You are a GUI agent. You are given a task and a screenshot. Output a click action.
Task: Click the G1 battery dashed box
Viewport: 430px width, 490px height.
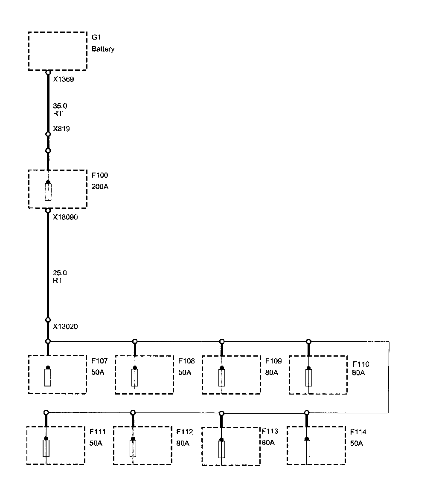pyautogui.click(x=57, y=50)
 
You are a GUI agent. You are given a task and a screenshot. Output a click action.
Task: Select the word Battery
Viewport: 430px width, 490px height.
pyautogui.click(x=103, y=49)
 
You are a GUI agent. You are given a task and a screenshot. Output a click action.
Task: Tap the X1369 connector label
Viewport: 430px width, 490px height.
pyautogui.click(x=64, y=79)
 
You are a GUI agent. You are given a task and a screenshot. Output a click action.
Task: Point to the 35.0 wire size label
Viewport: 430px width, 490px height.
pyautogui.click(x=60, y=106)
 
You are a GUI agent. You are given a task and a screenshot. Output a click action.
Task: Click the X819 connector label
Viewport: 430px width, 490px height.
pyautogui.click(x=61, y=129)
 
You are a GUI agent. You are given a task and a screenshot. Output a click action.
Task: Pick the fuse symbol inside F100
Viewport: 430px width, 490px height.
pyautogui.click(x=48, y=192)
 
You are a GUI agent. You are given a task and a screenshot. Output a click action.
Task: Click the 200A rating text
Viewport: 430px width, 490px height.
pyautogui.click(x=100, y=186)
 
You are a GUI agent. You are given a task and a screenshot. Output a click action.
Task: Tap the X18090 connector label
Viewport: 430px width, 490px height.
pyautogui.click(x=65, y=217)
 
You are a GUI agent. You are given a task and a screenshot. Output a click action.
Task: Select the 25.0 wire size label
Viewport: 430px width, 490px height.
pyautogui.click(x=60, y=273)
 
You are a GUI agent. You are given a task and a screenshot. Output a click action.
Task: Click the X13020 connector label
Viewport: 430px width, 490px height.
pyautogui.click(x=65, y=327)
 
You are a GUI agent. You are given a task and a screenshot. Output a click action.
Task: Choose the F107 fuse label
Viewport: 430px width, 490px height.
pyautogui.click(x=100, y=361)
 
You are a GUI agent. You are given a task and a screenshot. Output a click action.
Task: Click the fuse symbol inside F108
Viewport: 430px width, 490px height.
pyautogui.click(x=135, y=378)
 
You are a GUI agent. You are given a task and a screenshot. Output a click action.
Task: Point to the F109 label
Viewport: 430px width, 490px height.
pyautogui.click(x=273, y=361)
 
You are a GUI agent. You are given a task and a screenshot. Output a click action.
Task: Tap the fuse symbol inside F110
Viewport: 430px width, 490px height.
pyautogui.click(x=309, y=378)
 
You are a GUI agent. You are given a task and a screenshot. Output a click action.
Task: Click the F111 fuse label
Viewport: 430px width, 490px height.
pyautogui.click(x=98, y=432)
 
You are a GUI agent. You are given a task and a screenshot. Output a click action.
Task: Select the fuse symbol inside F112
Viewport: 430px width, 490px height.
pyautogui.click(x=133, y=448)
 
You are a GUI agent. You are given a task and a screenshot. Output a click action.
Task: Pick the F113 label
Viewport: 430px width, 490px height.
pyautogui.click(x=270, y=431)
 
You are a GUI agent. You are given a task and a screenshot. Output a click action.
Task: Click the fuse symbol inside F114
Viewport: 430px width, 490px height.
pyautogui.click(x=307, y=449)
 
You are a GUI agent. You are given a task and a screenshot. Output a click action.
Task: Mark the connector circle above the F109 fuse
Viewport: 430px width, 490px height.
pyautogui.click(x=222, y=341)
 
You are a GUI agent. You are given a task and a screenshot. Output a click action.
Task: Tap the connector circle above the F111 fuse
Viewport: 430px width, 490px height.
pyautogui.click(x=46, y=412)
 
